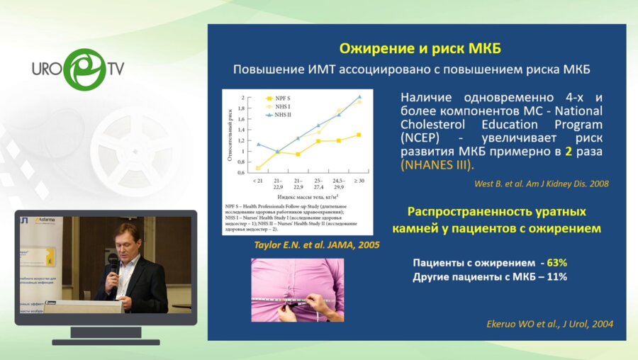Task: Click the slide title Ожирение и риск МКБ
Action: click(x=420, y=49)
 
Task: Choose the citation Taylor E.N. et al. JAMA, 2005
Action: click(x=316, y=244)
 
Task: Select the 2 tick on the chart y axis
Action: click(x=242, y=97)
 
